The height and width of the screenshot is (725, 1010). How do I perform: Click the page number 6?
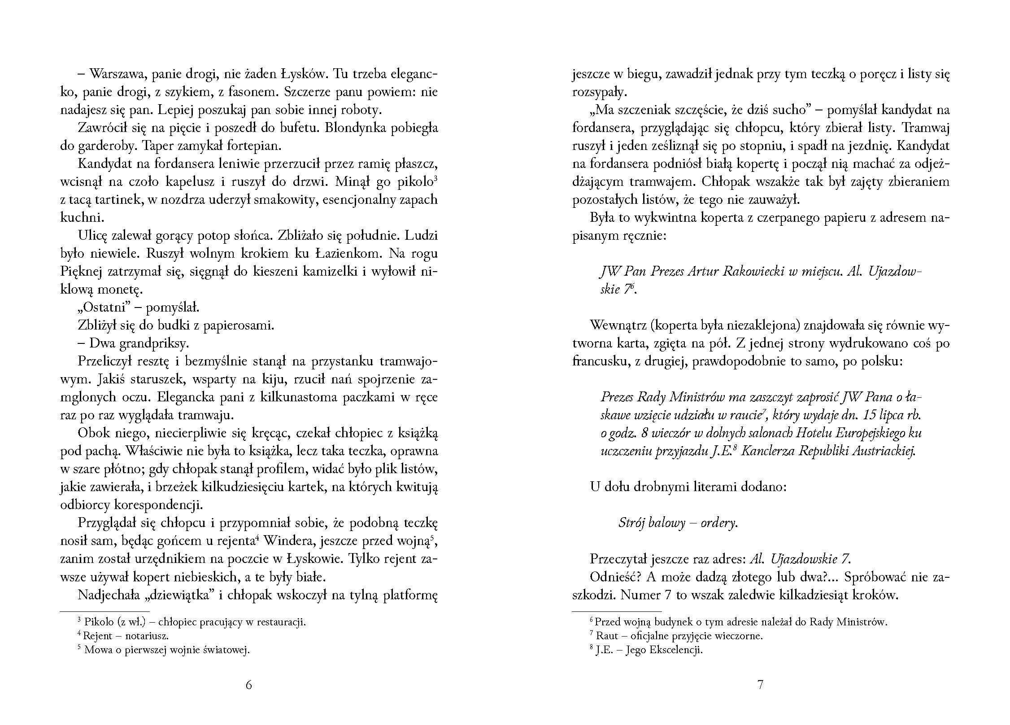249,685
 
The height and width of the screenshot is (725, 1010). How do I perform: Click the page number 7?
760,685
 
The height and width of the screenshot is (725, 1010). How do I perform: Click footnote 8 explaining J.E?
646,650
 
